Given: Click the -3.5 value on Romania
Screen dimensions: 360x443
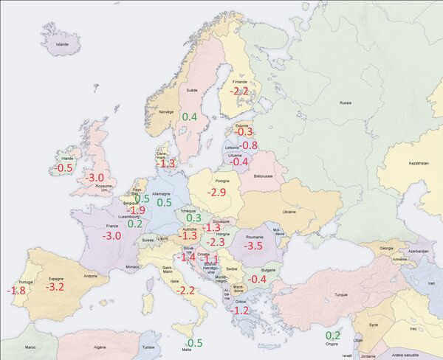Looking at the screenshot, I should tap(253, 246).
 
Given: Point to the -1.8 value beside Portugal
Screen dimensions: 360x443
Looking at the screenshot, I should tap(16, 291).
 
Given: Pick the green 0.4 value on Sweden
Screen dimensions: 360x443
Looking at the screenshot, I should tap(190, 117).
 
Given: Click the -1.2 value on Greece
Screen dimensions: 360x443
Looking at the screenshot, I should tap(241, 311).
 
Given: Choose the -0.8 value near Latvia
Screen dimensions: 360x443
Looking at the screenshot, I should tap(250, 145).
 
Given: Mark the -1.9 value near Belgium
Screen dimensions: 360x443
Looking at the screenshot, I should tap(137, 210).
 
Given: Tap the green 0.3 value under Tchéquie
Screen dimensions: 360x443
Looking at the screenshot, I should tap(194, 218).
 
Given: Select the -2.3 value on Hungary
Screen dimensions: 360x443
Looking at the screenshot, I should tap(216, 242).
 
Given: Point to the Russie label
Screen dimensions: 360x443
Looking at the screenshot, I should tap(346, 103).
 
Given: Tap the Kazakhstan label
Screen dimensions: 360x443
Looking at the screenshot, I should tap(418, 163).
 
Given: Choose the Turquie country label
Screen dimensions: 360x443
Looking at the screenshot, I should tap(341, 294).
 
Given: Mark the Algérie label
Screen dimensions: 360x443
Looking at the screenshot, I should tap(100, 347).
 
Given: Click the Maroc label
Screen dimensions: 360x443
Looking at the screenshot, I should tap(30, 347).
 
